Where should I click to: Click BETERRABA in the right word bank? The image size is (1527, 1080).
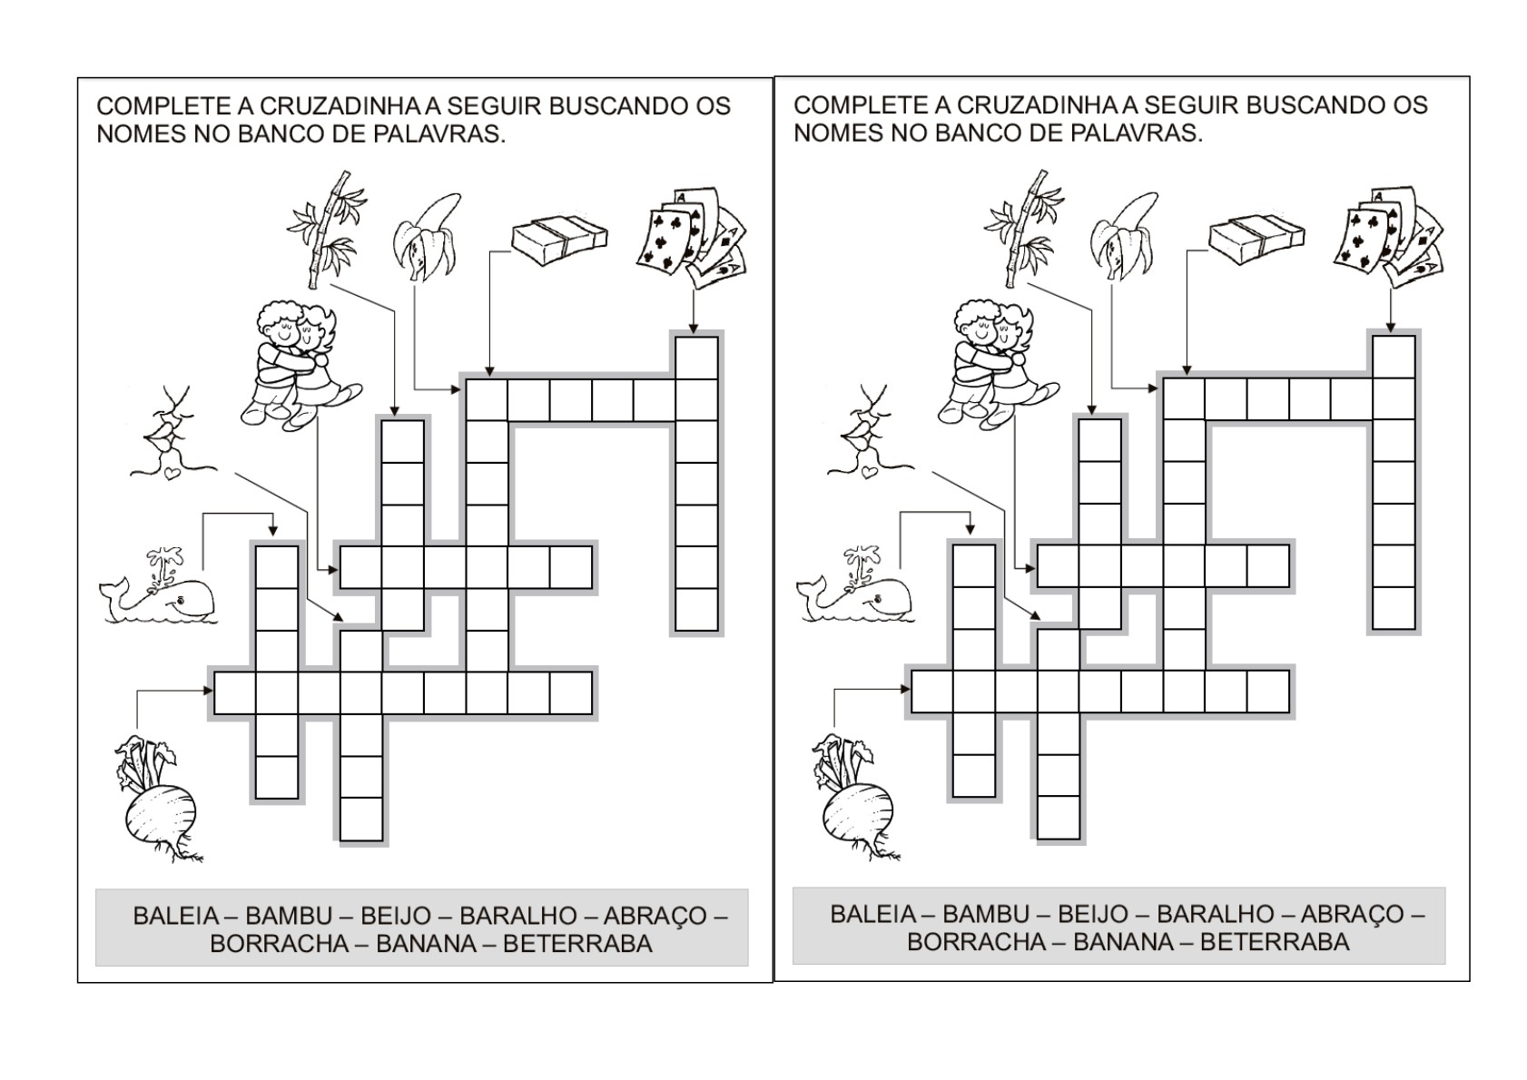pyautogui.click(x=1275, y=942)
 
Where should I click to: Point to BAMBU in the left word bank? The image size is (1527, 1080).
pyautogui.click(x=289, y=915)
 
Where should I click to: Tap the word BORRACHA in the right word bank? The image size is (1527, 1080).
pyautogui.click(x=976, y=942)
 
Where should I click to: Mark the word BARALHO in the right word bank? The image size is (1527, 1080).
pyautogui.click(x=1216, y=914)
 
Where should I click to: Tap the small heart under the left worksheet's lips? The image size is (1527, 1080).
pyautogui.click(x=172, y=473)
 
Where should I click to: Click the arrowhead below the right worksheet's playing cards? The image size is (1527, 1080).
pyautogui.click(x=1391, y=328)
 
